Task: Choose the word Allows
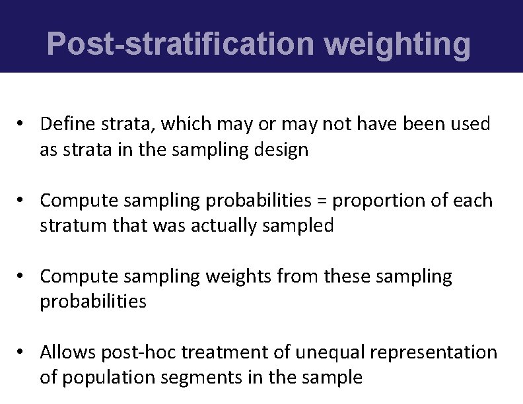tap(68, 353)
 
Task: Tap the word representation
tap(433, 353)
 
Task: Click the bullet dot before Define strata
tap(22, 124)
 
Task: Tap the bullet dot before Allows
tap(22, 353)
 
